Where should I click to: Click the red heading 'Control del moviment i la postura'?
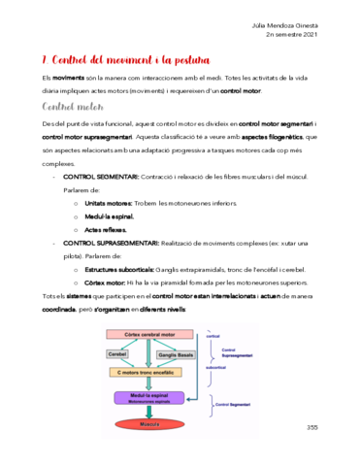tap(120, 60)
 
